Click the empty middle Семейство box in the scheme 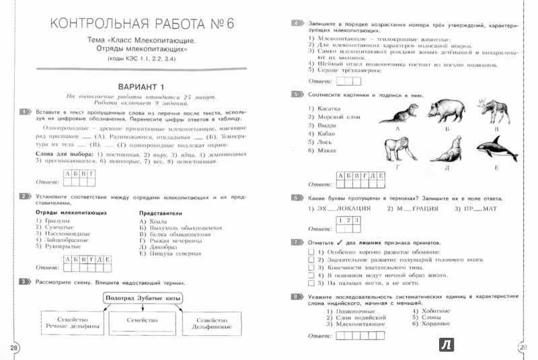[140, 322]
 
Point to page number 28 [13, 347]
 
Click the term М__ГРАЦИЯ [413, 209]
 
